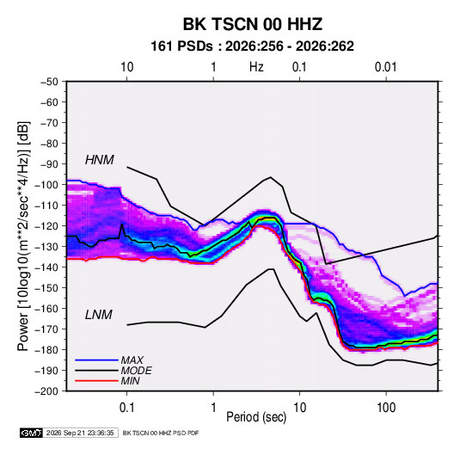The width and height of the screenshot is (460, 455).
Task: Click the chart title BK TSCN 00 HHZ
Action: [253, 24]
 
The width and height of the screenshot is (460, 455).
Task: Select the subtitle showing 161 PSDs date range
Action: [252, 46]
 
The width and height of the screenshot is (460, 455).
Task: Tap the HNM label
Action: [100, 160]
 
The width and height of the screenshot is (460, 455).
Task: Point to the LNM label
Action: [99, 315]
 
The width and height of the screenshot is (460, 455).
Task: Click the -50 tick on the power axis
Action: [49, 82]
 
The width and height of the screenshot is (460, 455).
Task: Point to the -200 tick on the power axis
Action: [46, 391]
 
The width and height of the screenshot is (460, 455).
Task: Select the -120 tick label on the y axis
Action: [46, 226]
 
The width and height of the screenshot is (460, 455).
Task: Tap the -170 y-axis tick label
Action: [46, 329]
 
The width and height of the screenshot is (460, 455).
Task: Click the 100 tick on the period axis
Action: [386, 408]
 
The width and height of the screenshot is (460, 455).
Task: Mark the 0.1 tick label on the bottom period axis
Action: [126, 408]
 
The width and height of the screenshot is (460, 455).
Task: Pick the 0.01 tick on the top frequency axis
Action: [386, 67]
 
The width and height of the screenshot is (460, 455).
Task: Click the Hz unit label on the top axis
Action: [256, 67]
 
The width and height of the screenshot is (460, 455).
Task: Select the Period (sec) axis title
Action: [256, 417]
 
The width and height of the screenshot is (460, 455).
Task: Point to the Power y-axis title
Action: [24, 236]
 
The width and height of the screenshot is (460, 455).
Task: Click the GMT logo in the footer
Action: [32, 433]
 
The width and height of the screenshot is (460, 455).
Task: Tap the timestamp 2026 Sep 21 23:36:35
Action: [80, 433]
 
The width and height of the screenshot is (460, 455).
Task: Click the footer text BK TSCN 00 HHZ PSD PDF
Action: [161, 433]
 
